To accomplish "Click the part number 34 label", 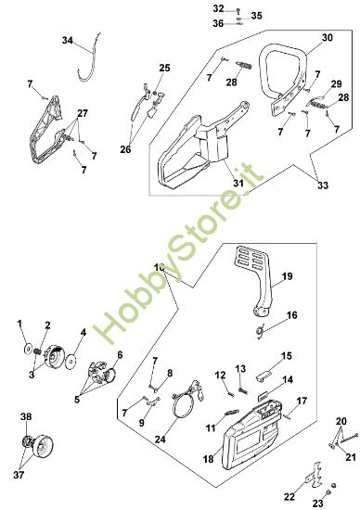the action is tap(68, 41).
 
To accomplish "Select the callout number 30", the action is tap(328, 38).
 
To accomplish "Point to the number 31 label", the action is tap(238, 183).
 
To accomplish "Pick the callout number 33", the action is tap(323, 185).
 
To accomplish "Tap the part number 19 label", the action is tap(287, 276).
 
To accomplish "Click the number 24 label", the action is tap(160, 440).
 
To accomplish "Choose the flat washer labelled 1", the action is tap(28, 350).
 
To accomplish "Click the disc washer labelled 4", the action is tap(70, 362).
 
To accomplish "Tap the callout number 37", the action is tap(19, 475).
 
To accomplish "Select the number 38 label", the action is tap(26, 416).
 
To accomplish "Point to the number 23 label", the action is tap(317, 504).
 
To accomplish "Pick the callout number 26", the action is tap(125, 149).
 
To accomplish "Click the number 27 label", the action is tap(83, 113).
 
